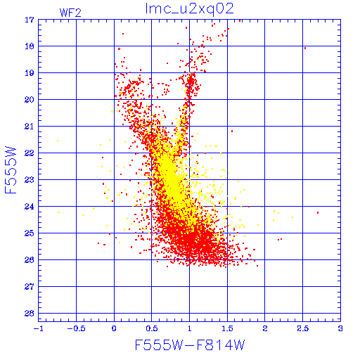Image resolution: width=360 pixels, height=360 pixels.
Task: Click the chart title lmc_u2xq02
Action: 189,9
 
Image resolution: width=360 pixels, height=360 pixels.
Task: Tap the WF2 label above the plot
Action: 70,13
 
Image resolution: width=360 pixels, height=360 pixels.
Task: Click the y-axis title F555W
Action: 11,170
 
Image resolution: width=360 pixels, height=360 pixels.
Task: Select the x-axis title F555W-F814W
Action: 190,345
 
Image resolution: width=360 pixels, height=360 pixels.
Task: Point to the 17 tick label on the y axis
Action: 30,20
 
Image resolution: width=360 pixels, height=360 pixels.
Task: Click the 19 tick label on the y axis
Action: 30,73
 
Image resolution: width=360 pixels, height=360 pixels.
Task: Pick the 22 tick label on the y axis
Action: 30,153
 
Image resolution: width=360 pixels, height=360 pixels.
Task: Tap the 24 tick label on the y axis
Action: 30,207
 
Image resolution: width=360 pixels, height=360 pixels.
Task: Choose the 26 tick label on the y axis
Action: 30,260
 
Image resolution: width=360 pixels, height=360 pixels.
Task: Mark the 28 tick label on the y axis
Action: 30,314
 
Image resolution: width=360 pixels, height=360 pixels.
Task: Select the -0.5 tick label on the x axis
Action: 76,328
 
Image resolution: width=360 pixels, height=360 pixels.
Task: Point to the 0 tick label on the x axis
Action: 114,328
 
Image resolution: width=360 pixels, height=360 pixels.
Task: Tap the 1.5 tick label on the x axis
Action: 227,328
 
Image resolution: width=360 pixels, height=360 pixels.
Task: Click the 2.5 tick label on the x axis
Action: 303,328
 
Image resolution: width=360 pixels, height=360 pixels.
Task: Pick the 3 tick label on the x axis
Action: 340,328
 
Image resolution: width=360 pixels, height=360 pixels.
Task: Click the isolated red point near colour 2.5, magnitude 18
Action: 305,49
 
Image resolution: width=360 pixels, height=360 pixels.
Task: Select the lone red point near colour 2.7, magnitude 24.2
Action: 318,212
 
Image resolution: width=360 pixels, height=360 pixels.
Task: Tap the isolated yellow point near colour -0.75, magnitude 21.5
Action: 58,141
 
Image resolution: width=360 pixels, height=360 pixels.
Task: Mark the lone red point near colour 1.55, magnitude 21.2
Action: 232,131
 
